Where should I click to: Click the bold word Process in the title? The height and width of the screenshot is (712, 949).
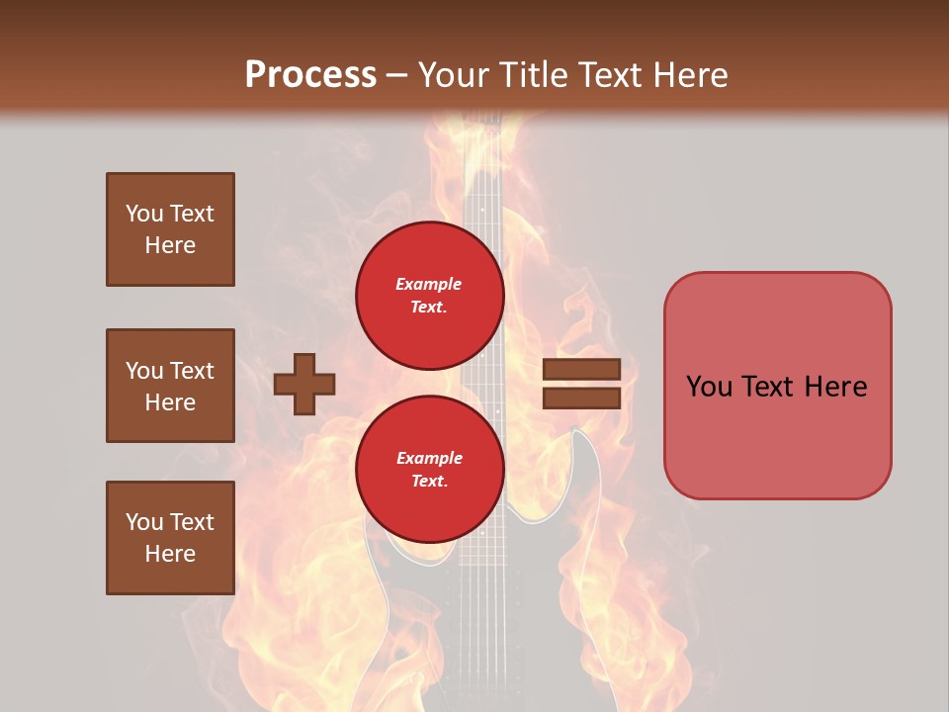pos(310,74)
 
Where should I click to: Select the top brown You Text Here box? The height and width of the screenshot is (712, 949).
pos(170,229)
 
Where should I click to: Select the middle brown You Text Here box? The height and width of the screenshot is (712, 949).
pos(170,386)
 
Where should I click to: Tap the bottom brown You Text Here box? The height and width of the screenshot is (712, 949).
pos(170,537)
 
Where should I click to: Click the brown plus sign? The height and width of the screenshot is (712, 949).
pos(304,384)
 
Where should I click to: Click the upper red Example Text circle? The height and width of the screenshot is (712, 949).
pos(429,296)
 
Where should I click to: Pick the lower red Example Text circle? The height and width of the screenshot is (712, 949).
pos(429,470)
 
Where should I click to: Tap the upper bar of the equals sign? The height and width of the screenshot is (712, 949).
pos(581,370)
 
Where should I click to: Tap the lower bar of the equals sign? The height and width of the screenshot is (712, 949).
pos(581,398)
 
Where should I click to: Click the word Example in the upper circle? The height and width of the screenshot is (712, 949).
pos(429,284)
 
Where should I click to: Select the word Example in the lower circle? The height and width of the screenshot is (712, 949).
pos(429,458)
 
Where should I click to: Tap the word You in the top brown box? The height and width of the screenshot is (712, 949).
pos(144,214)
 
